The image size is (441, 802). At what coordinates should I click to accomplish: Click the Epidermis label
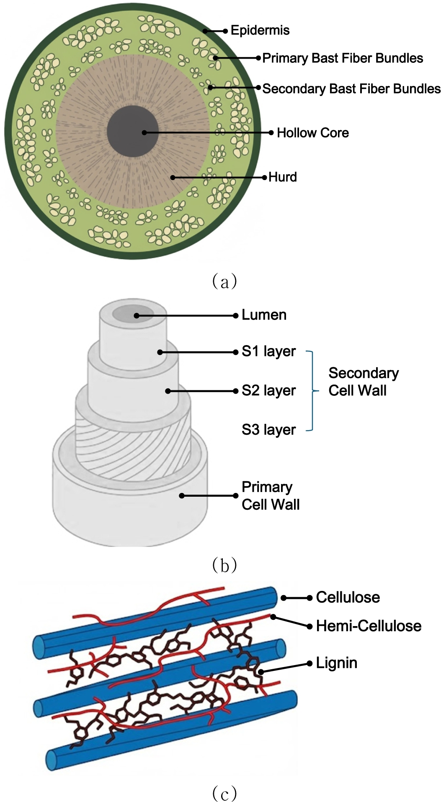click(260, 31)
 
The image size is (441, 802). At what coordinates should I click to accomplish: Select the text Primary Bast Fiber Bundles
click(343, 58)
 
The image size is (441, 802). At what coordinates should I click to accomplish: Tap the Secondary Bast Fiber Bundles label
click(351, 89)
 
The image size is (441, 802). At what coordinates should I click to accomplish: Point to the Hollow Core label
click(312, 133)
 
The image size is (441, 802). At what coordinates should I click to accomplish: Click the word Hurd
click(282, 177)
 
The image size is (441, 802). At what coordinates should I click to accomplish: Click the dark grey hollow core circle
click(133, 132)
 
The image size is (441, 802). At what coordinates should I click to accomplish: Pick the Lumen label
click(264, 315)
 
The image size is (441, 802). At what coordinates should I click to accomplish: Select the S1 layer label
click(268, 351)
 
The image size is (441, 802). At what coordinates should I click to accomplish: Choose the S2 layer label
click(268, 391)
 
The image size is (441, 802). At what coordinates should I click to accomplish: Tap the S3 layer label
click(268, 430)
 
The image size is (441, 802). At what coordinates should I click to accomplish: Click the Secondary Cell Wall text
click(363, 382)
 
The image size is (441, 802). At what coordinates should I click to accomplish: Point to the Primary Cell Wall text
click(270, 495)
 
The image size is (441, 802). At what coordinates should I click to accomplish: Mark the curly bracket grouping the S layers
click(311, 391)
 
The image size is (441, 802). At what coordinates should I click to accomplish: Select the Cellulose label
click(348, 597)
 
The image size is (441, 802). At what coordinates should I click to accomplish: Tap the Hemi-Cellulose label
click(368, 626)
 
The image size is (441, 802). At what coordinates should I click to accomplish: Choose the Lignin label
click(336, 663)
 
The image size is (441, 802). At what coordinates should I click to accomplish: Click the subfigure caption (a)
click(224, 281)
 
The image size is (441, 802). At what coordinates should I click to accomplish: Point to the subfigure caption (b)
click(224, 565)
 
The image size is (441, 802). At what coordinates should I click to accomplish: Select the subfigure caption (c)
click(224, 793)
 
